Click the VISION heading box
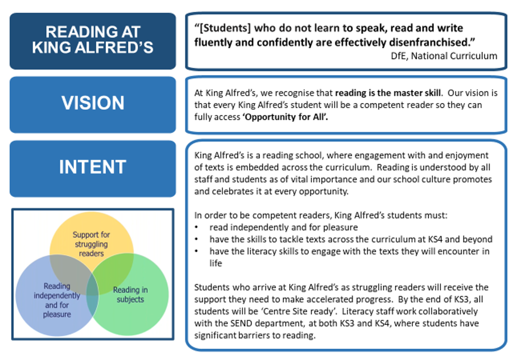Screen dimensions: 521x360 point(92,105)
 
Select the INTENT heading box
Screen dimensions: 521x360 point(92,169)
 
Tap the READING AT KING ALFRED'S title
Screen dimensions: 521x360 point(92,40)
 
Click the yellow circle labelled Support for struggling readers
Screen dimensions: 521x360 point(91,244)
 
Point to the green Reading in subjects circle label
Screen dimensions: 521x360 point(130,294)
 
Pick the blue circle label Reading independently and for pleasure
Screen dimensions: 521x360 point(57,300)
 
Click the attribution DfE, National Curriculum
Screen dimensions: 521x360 point(444,56)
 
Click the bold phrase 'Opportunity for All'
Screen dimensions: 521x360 point(285,117)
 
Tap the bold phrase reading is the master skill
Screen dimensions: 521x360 point(388,92)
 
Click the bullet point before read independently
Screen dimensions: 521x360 point(197,227)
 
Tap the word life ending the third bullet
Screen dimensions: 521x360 point(216,263)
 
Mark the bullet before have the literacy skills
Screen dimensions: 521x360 point(197,251)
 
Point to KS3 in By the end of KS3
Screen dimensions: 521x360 point(462,299)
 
